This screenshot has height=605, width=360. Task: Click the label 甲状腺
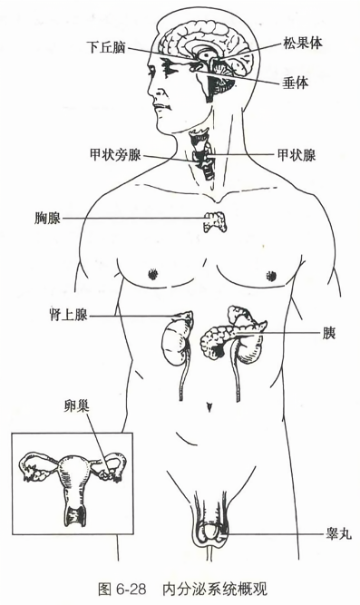click(x=296, y=155)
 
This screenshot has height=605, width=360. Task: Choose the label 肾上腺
click(x=68, y=315)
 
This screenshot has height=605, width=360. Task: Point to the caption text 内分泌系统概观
click(x=216, y=585)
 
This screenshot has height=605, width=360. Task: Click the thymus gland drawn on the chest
click(x=215, y=220)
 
